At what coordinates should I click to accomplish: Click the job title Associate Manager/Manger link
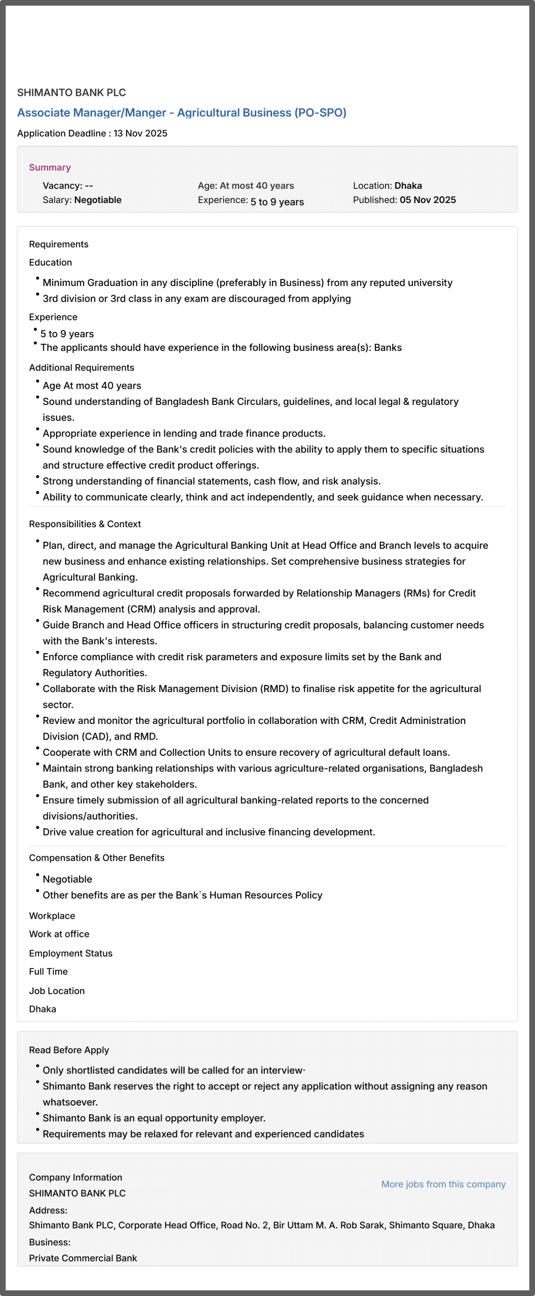tap(181, 113)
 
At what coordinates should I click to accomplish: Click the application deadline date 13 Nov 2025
tap(140, 134)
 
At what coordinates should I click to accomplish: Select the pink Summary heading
tap(50, 168)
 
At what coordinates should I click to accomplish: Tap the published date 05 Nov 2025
tap(428, 200)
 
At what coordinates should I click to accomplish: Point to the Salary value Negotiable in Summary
tap(98, 200)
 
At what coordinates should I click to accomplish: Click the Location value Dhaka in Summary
tap(408, 186)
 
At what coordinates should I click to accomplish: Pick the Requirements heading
tap(59, 245)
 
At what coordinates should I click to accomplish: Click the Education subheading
tap(51, 263)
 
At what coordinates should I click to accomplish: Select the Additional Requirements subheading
tap(82, 368)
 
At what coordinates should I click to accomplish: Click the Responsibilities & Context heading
tap(85, 524)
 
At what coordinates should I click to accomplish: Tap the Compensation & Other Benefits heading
tap(97, 858)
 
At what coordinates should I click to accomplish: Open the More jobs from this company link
tap(443, 1184)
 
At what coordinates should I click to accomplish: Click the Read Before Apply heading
tap(69, 1050)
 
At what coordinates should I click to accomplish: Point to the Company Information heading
tap(75, 1178)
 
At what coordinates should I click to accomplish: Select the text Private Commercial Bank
tap(83, 1258)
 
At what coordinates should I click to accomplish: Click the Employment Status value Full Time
tap(49, 971)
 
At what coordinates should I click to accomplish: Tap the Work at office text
tap(59, 934)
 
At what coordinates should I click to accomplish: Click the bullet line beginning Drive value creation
tap(209, 832)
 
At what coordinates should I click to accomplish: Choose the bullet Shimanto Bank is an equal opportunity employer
tap(154, 1118)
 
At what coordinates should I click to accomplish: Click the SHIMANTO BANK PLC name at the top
tap(71, 93)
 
